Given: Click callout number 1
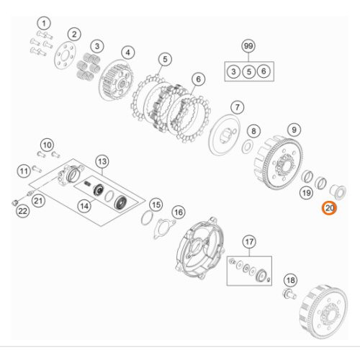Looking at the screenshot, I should pyautogui.click(x=44, y=24).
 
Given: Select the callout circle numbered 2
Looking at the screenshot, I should pyautogui.click(x=74, y=34).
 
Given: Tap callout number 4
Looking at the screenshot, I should pyautogui.click(x=128, y=52).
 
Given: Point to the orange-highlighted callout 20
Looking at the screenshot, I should pyautogui.click(x=328, y=209).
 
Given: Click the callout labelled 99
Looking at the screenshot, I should pyautogui.click(x=248, y=47).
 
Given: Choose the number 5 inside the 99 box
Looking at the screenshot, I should pyautogui.click(x=248, y=71).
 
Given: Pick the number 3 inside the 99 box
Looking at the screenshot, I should pyautogui.click(x=233, y=71).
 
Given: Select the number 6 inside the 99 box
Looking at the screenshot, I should pyautogui.click(x=264, y=71).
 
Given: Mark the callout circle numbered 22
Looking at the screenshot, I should pyautogui.click(x=22, y=210).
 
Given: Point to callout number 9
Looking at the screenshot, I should pyautogui.click(x=293, y=130).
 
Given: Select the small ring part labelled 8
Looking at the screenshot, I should pyautogui.click(x=246, y=146).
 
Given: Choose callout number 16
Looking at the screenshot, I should pyautogui.click(x=178, y=212).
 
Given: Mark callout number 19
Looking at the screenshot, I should pyautogui.click(x=305, y=193).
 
